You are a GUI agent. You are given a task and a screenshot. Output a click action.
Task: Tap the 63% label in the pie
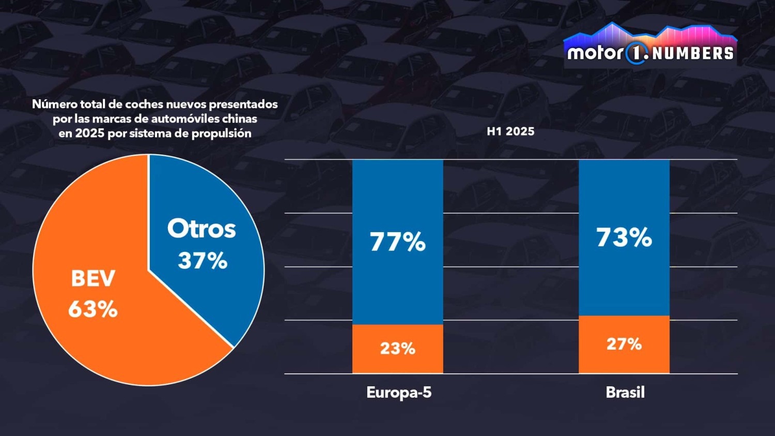[x=93, y=309]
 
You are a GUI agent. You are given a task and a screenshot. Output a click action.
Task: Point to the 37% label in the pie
[x=203, y=261]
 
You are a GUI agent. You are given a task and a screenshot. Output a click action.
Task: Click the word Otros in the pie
[x=202, y=229]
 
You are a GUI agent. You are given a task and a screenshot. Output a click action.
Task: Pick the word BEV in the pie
[x=93, y=279]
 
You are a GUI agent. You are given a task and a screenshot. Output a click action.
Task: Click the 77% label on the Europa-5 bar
[x=397, y=242]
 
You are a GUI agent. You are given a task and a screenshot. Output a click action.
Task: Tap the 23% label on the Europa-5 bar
[x=397, y=349]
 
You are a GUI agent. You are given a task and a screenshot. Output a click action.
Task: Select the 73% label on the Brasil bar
[x=624, y=237]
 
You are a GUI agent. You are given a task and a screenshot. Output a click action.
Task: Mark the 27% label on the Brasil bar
[x=624, y=344]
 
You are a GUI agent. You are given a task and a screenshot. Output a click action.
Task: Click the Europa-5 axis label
[x=398, y=393]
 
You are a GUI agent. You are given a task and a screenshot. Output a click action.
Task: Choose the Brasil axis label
[x=625, y=393]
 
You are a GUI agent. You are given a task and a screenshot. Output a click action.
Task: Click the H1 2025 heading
[x=510, y=131]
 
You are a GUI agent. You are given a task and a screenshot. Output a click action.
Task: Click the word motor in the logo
[x=595, y=53]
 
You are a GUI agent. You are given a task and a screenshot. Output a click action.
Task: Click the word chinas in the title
[x=239, y=119]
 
